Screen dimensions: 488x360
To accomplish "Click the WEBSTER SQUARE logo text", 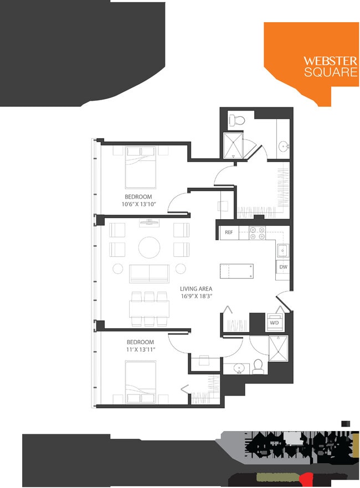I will click(x=330, y=66).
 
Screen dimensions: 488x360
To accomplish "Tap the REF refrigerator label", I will click(x=228, y=233).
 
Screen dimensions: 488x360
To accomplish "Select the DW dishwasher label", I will click(x=283, y=267).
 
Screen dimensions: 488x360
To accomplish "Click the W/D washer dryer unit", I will click(x=274, y=323).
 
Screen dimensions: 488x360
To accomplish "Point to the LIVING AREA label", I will click(x=196, y=289).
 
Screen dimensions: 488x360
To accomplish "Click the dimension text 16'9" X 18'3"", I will click(x=196, y=297).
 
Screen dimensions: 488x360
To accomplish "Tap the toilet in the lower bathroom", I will click(x=258, y=366).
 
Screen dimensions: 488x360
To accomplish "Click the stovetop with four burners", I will click(x=256, y=233).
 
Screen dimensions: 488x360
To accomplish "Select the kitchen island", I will click(x=237, y=272).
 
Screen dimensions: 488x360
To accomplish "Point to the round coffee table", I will click(x=149, y=247).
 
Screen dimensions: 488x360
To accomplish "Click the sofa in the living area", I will click(x=149, y=273).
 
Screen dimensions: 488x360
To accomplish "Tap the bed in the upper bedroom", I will click(x=141, y=166).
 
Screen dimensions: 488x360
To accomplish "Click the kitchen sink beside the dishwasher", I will click(x=282, y=251).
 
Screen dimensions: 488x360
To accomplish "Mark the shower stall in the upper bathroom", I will click(x=234, y=146).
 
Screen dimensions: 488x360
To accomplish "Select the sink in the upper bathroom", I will click(x=284, y=147).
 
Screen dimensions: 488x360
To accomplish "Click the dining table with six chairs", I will click(x=149, y=308).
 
